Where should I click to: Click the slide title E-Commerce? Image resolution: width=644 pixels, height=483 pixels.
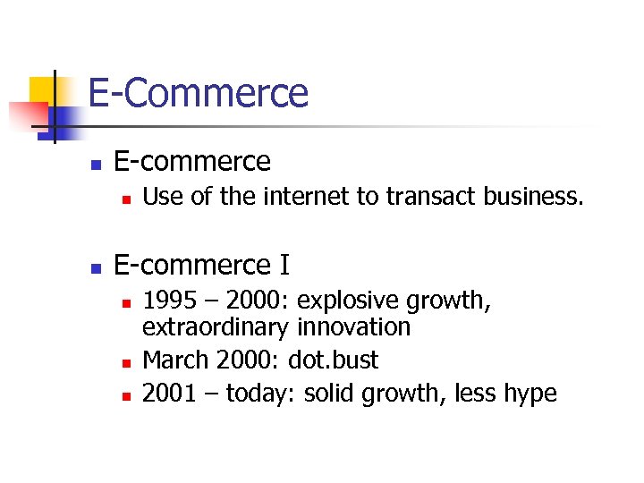point(198,93)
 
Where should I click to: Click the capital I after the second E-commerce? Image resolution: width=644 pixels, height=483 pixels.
point(284,266)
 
